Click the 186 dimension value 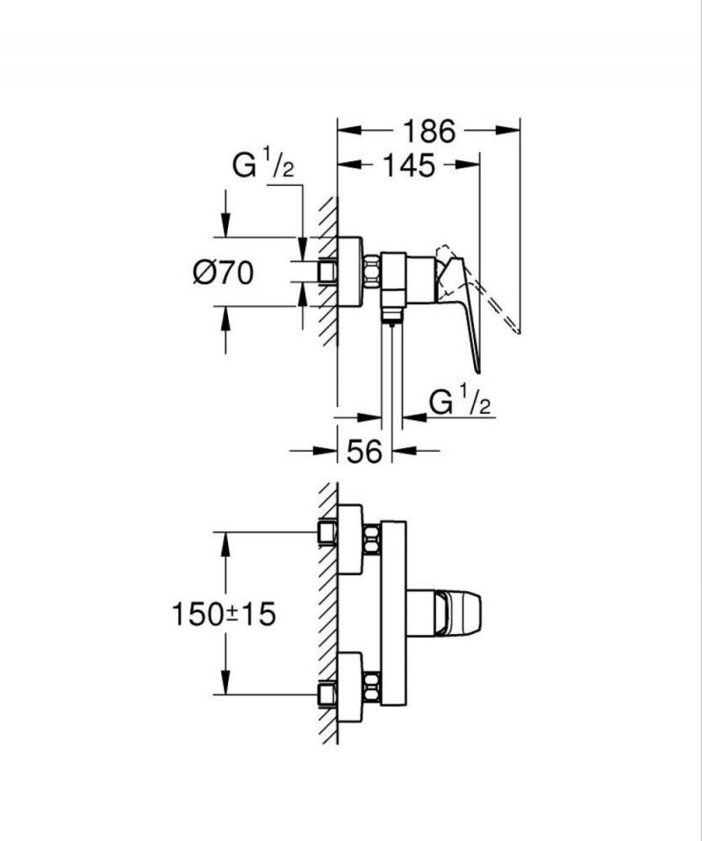(429, 132)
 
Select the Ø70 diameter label (223, 273)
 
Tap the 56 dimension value (364, 452)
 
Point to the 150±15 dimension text (223, 614)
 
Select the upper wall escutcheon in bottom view (350, 539)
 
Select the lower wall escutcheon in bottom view (350, 687)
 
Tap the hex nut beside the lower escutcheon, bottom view (372, 685)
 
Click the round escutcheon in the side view (349, 272)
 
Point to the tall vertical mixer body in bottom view (393, 613)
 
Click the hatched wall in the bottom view (327, 614)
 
